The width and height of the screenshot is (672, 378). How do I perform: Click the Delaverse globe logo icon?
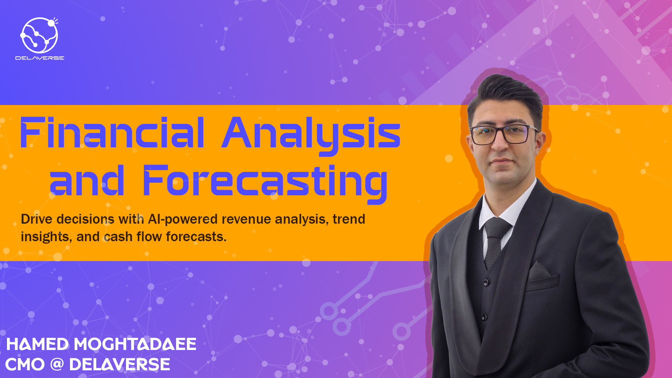pos(39,35)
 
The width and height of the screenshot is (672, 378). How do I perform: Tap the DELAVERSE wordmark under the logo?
pos(40,58)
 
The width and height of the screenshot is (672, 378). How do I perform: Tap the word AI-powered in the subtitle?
pos(183,219)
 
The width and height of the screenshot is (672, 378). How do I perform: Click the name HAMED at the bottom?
pos(38,344)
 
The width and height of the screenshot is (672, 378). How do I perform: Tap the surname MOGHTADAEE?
pos(135,344)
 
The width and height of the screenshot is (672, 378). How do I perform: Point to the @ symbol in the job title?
pos(57,364)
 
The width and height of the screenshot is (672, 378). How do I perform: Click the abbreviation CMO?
pos(25,365)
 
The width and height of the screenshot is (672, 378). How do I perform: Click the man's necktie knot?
pos(496,226)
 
